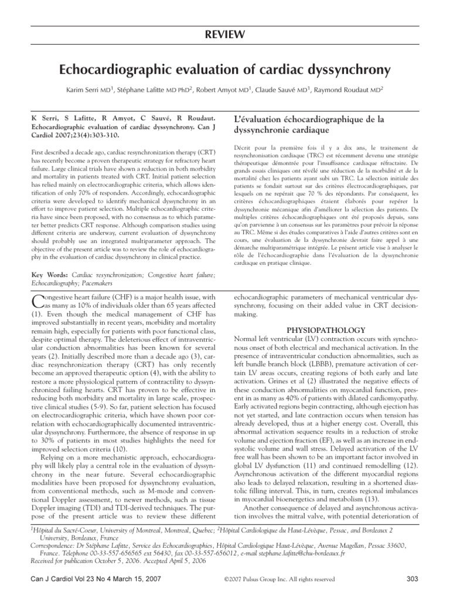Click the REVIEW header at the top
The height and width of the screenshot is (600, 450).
tap(225, 36)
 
